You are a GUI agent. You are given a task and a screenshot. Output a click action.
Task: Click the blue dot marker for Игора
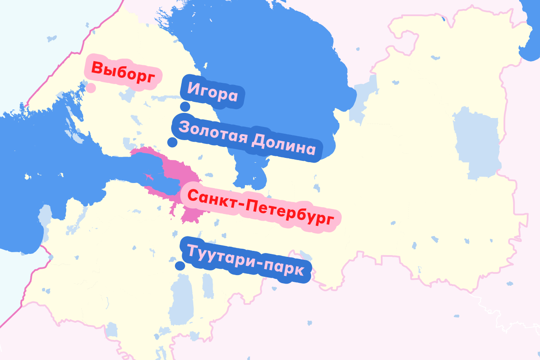coord(185,107)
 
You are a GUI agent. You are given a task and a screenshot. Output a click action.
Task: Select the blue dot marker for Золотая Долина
coord(172,142)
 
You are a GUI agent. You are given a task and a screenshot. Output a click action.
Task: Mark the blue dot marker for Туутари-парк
coord(180,266)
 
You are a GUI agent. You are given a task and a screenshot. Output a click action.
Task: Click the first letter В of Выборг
coord(97,68)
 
